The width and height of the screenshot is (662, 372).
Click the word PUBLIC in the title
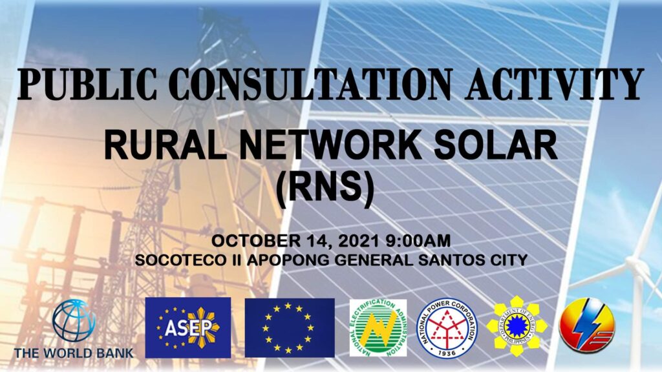tap(87, 83)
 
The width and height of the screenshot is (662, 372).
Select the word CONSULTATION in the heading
tap(310, 83)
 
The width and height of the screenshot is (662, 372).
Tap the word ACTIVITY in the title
tap(554, 83)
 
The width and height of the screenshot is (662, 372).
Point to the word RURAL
tap(165, 145)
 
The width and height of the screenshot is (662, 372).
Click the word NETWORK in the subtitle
tap(330, 145)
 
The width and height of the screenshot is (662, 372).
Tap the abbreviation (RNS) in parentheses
tap(325, 189)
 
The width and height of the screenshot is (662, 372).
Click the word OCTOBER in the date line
tap(256, 241)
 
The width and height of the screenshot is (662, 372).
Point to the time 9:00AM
tap(418, 241)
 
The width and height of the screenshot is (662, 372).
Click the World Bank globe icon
tap(74, 320)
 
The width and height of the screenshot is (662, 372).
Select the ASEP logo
tap(188, 327)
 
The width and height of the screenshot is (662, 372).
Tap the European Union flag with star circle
tap(290, 327)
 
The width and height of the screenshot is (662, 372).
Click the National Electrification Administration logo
tap(378, 327)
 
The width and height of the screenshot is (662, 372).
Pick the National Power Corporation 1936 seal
tap(447, 327)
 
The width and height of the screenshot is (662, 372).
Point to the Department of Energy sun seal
tap(517, 326)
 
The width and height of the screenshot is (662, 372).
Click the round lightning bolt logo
tap(587, 324)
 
